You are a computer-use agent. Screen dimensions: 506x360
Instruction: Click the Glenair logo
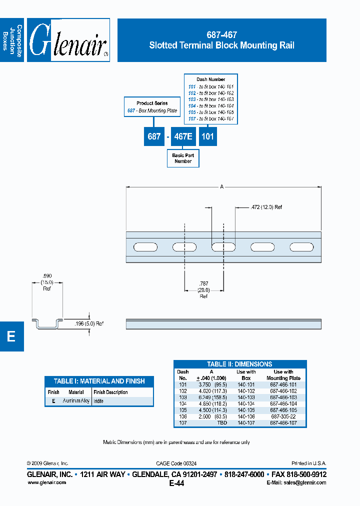point(68,40)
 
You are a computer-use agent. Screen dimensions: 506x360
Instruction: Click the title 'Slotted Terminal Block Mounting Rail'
point(221,45)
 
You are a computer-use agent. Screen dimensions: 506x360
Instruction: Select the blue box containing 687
point(154,136)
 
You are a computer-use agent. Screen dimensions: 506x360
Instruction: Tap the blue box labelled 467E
point(183,136)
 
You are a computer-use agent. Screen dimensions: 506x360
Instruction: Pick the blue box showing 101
point(208,136)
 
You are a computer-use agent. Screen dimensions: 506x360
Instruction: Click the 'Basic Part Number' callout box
point(183,158)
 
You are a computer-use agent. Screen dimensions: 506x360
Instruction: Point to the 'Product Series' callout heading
point(152,103)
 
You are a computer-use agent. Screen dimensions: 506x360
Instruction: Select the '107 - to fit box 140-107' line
point(210,119)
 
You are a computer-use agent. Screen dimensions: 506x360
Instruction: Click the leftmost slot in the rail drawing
point(143,246)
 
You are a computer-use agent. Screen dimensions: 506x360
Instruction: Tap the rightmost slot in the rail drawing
point(302,246)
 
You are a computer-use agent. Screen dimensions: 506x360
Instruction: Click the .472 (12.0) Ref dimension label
point(265,207)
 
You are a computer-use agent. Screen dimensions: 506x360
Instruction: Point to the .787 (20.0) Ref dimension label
point(203,290)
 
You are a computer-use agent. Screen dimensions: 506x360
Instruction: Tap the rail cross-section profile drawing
point(48,323)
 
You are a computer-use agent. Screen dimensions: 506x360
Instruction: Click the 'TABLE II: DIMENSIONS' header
point(239,364)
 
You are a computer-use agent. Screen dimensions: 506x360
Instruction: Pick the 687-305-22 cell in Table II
point(283,416)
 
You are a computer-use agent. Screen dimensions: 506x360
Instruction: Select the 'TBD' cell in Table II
point(221,422)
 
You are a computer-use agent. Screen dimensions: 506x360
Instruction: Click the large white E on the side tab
point(11,336)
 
